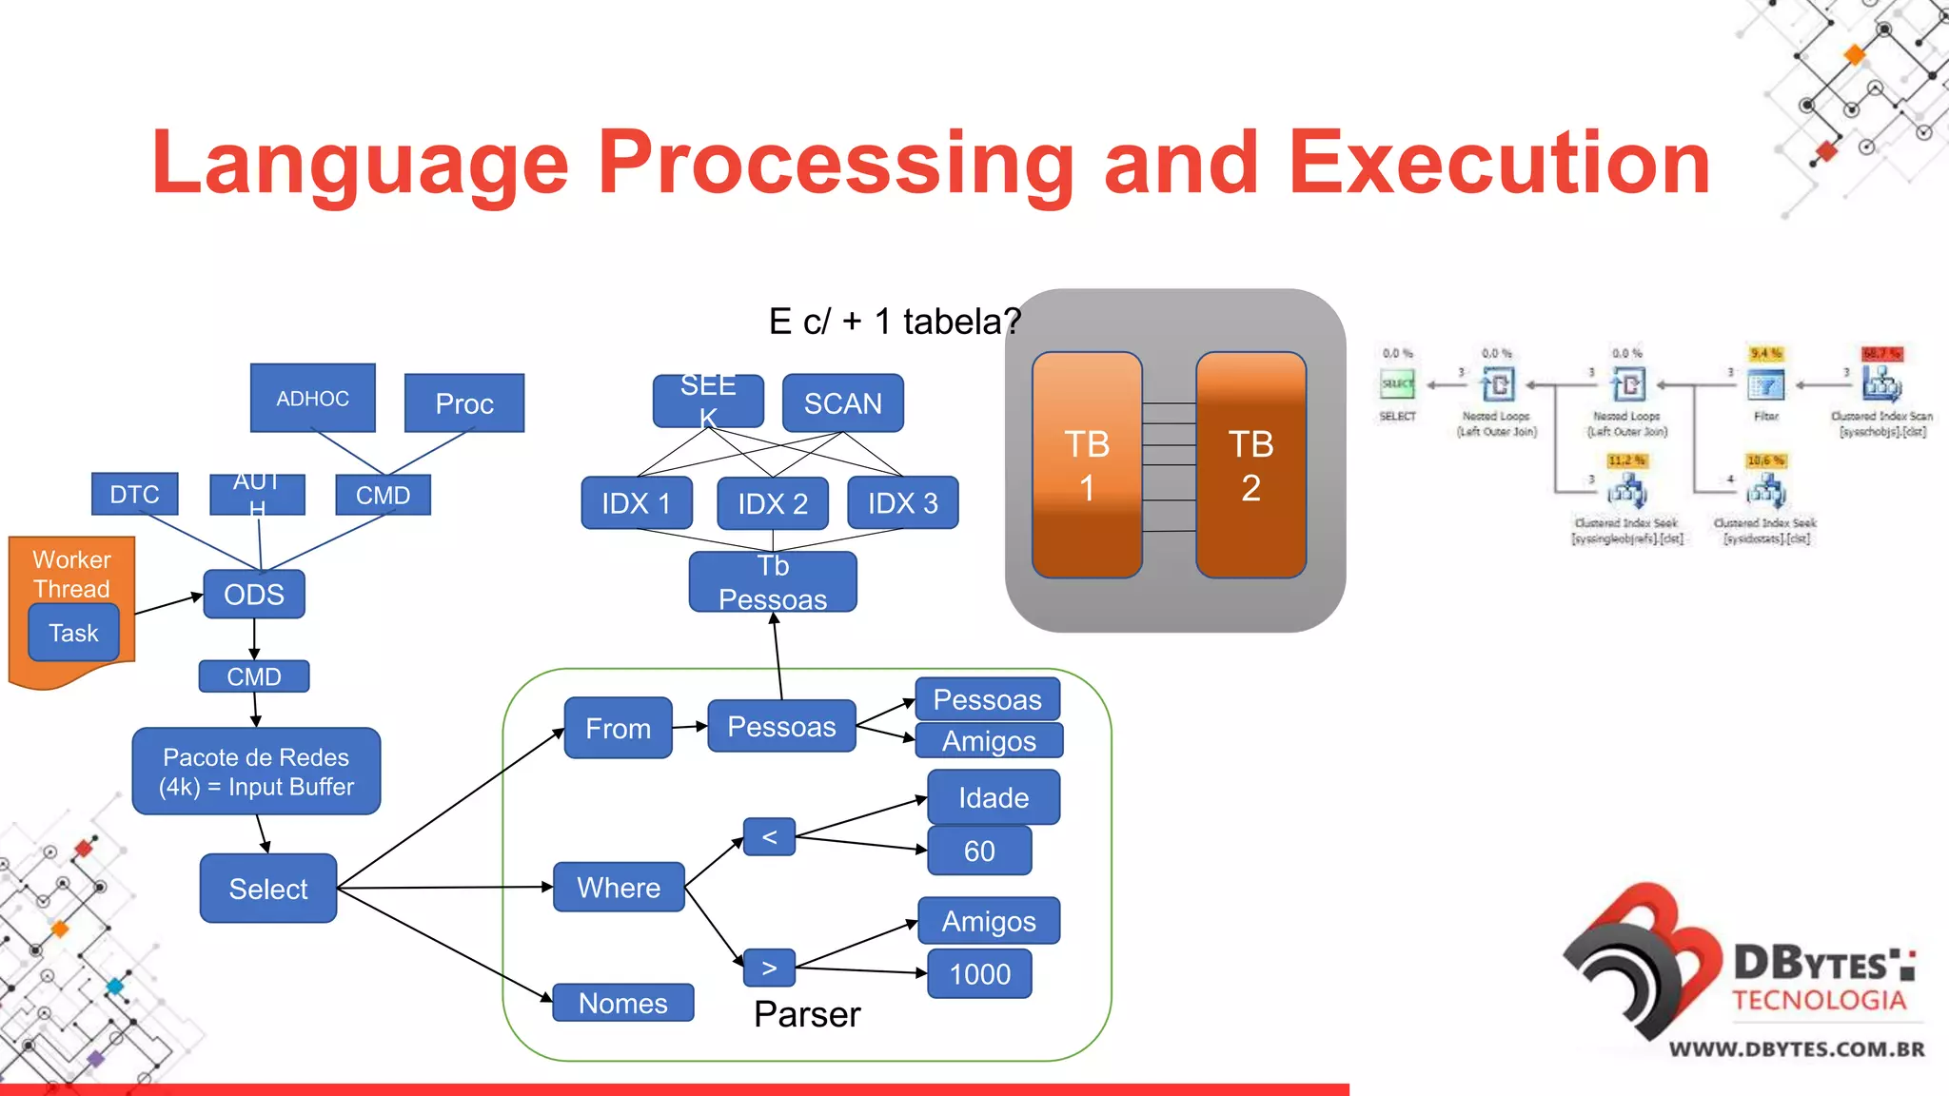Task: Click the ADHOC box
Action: tap(312, 398)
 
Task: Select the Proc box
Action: tap(463, 403)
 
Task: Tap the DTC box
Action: tap(134, 494)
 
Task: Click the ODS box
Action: tap(253, 595)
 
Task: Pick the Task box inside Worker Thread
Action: tap(73, 633)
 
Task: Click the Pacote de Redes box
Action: tap(256, 772)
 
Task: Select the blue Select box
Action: tap(268, 889)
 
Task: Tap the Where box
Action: tap(619, 888)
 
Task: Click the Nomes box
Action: tap(622, 1003)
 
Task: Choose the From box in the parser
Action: tap(618, 728)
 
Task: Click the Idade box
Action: tap(993, 797)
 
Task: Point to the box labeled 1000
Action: tap(979, 974)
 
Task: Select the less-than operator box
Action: tap(769, 837)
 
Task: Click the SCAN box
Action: tap(842, 403)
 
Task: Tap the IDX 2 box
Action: tap(772, 503)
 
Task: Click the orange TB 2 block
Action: tap(1250, 465)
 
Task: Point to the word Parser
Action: tap(807, 1014)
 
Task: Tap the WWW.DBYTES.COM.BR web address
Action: tap(1797, 1049)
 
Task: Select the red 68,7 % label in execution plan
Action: tap(1881, 353)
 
